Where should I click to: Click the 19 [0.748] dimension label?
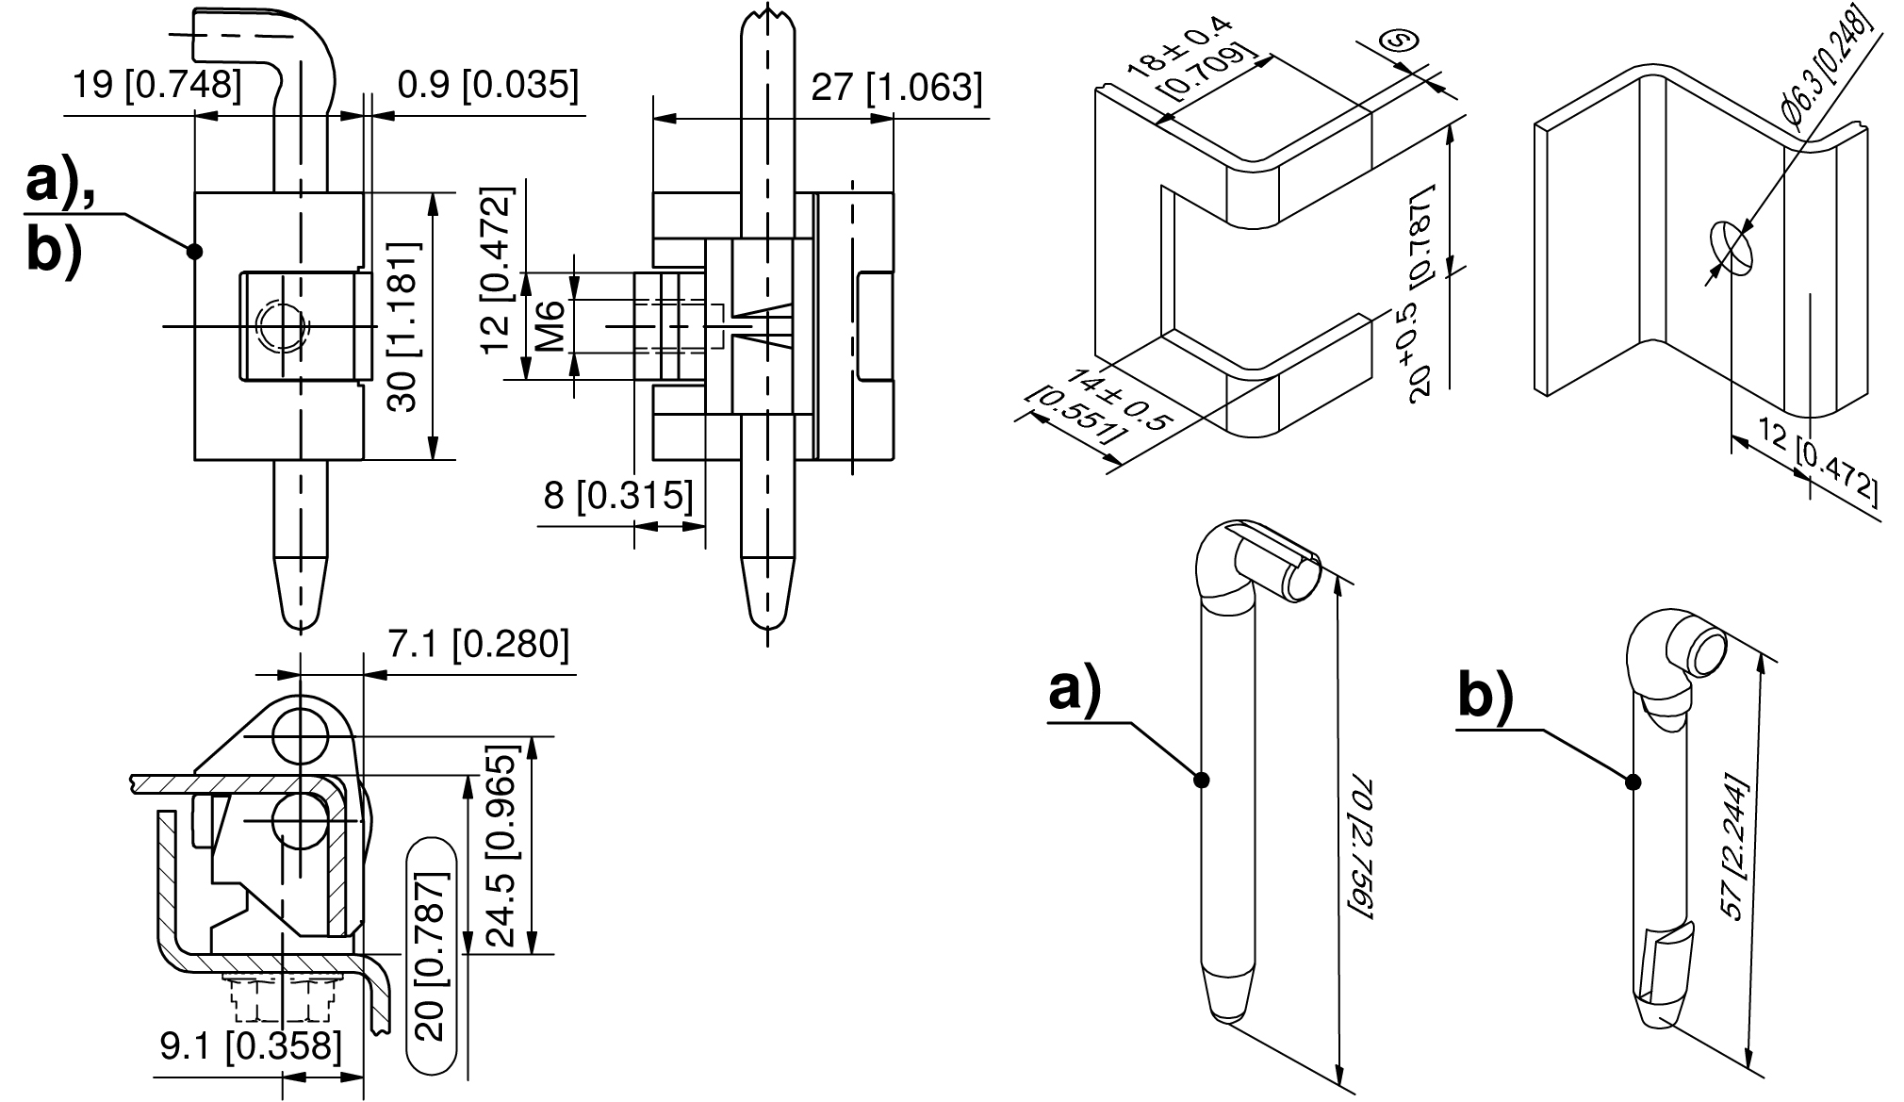coord(157,86)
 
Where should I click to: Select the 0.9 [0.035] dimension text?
coord(487,85)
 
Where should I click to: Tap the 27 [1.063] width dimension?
coord(896,88)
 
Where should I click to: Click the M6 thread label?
coord(552,326)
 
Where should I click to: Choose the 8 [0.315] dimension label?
coord(618,495)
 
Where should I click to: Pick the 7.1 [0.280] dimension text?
coord(479,643)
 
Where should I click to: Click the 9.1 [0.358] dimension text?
coord(250,1045)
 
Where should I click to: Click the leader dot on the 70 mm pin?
coord(1201,780)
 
